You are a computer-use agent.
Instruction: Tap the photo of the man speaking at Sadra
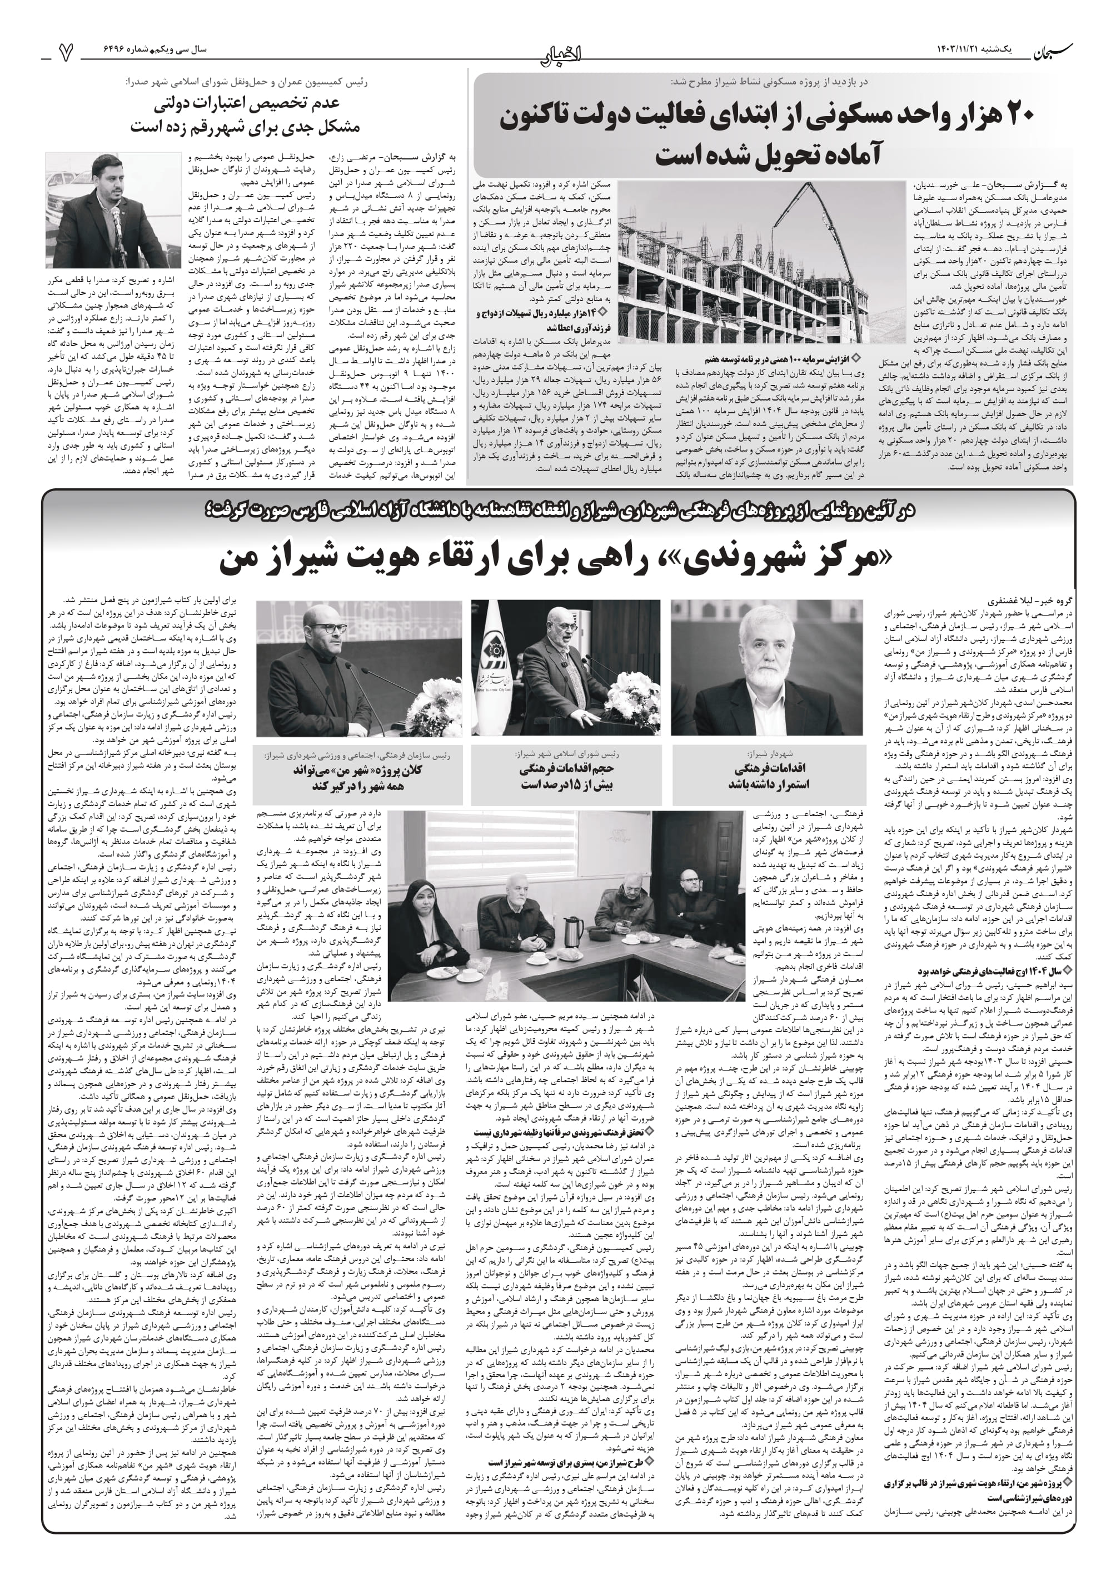113,209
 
